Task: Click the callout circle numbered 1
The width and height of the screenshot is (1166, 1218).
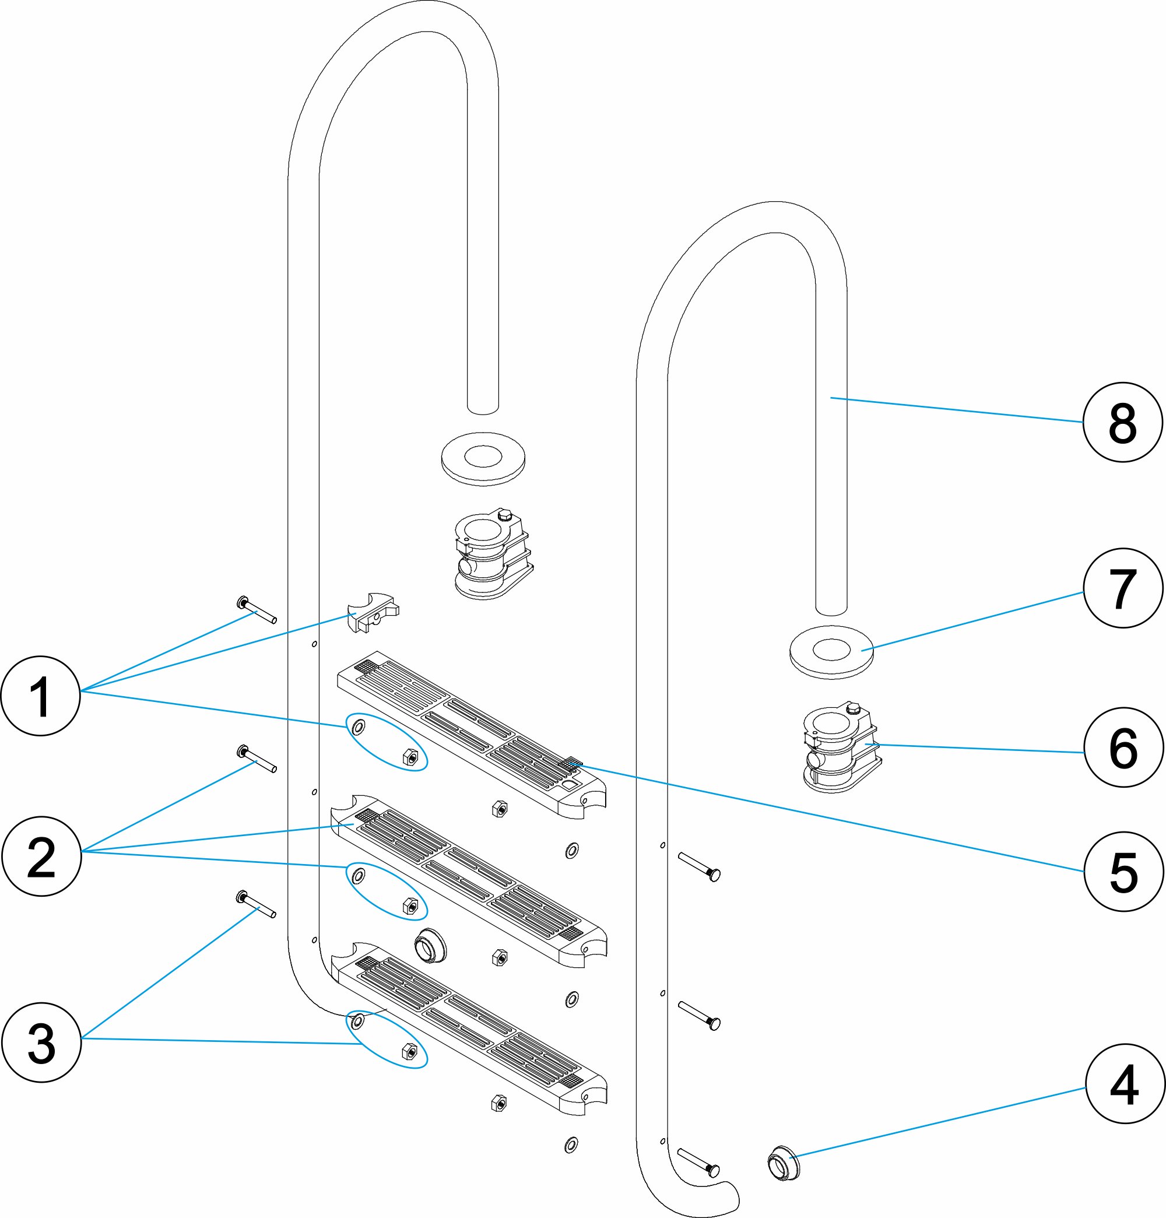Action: [x=41, y=696]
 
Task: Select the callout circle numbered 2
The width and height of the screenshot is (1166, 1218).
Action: [x=41, y=857]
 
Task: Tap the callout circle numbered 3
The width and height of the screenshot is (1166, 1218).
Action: [x=41, y=1043]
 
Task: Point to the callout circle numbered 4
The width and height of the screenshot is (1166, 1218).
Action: [x=1125, y=1084]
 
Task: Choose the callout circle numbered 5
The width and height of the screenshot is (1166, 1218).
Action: [x=1124, y=871]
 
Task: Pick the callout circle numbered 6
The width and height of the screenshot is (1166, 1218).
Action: [x=1124, y=747]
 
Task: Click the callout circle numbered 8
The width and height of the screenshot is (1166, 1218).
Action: [x=1122, y=423]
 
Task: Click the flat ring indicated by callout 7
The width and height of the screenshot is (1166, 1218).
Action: [x=831, y=652]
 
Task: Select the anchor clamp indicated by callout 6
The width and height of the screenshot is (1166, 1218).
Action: [x=841, y=747]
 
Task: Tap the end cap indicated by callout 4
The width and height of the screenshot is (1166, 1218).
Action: [x=783, y=1163]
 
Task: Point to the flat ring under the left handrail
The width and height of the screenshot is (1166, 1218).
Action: [x=483, y=458]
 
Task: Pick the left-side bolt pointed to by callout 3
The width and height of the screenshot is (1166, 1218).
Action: [x=256, y=905]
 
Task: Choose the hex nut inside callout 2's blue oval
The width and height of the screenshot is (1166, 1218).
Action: [x=410, y=906]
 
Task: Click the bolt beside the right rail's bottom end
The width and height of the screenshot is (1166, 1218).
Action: [x=698, y=1162]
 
